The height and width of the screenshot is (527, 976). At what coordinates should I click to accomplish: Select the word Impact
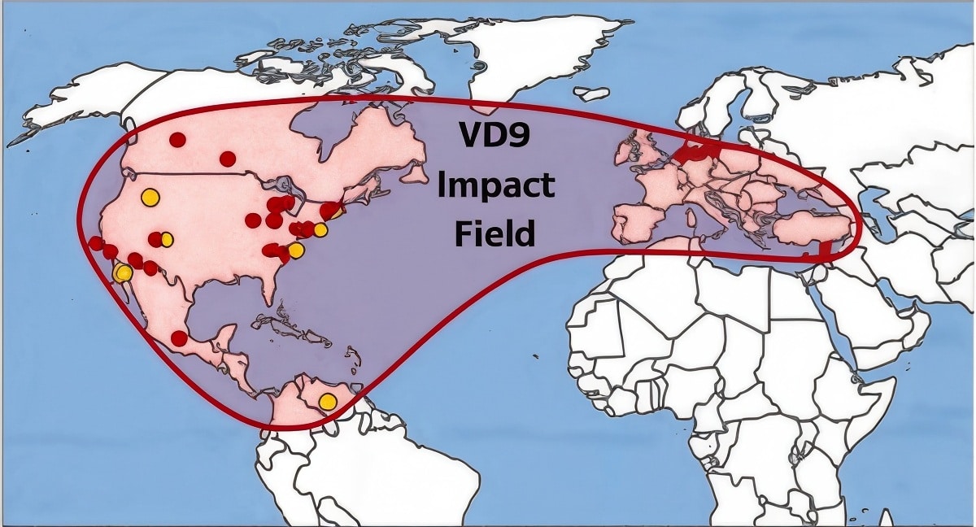(x=495, y=185)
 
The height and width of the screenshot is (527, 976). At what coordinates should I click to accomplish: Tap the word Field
(x=495, y=233)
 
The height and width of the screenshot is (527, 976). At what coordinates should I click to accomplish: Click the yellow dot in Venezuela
(x=327, y=401)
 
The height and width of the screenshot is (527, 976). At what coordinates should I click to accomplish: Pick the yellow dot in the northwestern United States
(x=149, y=196)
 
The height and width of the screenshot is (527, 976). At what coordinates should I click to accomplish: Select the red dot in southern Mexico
(x=179, y=338)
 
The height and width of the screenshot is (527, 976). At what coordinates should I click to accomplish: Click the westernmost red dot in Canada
(x=177, y=140)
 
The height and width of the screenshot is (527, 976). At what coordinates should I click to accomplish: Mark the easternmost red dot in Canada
(x=228, y=158)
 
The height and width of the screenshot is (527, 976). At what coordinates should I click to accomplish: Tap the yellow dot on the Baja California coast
(x=123, y=272)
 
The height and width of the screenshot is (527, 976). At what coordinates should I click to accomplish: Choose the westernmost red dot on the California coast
(x=96, y=243)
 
